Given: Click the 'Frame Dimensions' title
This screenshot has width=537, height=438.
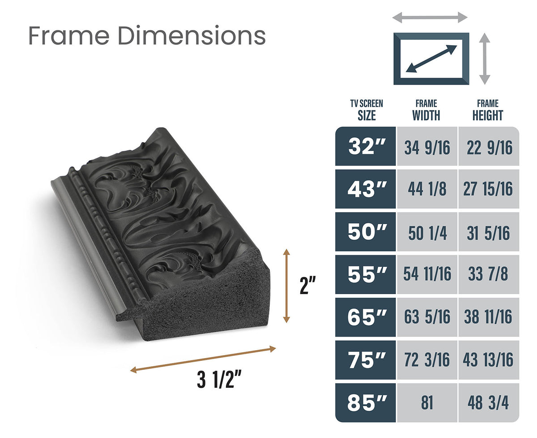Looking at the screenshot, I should click(x=147, y=36).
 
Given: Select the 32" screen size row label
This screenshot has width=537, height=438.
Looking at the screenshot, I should click(x=366, y=147).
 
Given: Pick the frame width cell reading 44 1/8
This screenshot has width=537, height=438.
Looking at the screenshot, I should click(x=427, y=189).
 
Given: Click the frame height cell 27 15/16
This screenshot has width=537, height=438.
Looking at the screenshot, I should click(x=489, y=189).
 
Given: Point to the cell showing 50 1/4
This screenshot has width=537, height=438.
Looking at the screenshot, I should click(x=427, y=232).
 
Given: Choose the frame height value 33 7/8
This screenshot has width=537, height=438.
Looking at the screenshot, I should click(x=489, y=274).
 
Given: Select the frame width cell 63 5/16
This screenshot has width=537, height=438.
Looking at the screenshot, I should click(x=427, y=317).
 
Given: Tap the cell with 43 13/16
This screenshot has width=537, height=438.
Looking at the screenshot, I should click(x=489, y=360).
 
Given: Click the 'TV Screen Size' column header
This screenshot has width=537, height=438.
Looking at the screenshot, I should click(x=367, y=110).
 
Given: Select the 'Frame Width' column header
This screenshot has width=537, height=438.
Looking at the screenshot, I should click(x=426, y=110).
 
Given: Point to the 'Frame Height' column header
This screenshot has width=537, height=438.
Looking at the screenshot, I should click(x=488, y=110).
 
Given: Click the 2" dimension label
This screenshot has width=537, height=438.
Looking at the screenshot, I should click(x=308, y=286).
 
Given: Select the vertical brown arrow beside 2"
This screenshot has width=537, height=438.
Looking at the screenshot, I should click(x=287, y=286).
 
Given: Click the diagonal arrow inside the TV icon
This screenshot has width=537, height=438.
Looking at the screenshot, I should click(x=431, y=59).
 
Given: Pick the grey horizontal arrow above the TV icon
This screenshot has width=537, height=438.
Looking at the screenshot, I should click(x=430, y=18).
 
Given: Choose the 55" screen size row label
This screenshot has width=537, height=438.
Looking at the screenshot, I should click(x=366, y=274).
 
